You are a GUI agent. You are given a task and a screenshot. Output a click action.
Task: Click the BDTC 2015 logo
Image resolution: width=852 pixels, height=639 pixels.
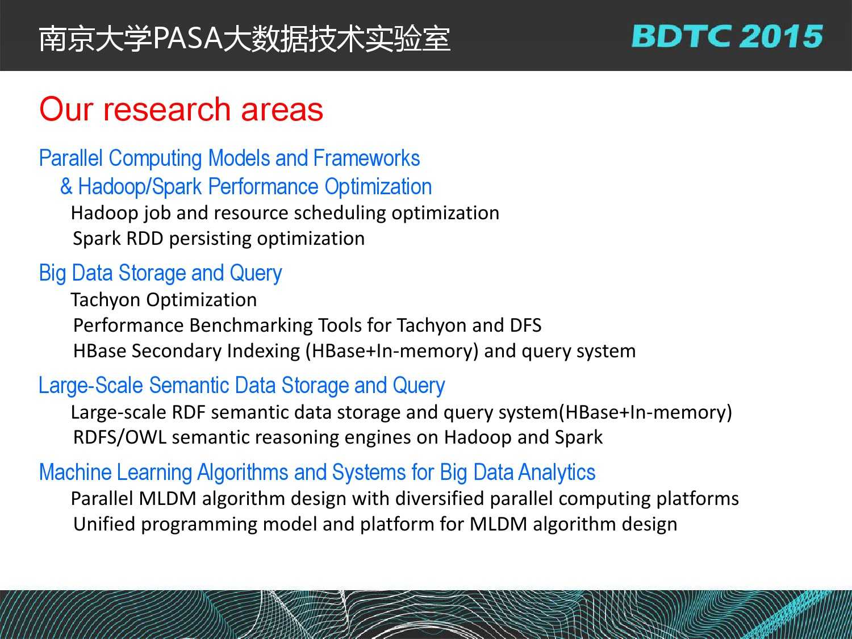tap(727, 36)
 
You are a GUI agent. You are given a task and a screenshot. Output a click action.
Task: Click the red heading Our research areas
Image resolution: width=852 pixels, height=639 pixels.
tap(181, 109)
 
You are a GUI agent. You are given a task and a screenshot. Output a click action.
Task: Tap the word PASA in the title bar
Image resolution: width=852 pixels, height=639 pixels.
tap(188, 39)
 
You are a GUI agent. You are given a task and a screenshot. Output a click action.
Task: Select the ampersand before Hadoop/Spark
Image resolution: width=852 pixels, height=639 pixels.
tap(66, 186)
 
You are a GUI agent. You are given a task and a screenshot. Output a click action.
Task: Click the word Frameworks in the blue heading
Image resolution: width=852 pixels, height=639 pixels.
tap(366, 158)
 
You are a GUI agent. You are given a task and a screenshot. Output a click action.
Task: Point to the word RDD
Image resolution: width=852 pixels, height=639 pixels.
tap(144, 238)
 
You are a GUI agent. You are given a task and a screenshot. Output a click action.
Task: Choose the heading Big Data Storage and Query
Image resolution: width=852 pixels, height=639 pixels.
tap(160, 273)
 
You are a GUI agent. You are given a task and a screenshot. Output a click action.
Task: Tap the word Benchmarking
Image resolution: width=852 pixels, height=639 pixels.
tap(250, 325)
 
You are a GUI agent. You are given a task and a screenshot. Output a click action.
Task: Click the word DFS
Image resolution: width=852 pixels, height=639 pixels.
tap(525, 325)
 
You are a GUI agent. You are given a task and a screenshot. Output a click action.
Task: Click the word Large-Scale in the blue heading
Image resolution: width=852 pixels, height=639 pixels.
tap(91, 386)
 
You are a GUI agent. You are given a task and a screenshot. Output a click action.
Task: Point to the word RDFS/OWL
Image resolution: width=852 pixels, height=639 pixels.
tap(119, 437)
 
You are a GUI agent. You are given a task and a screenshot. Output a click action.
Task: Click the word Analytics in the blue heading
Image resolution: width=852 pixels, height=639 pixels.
tap(556, 473)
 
